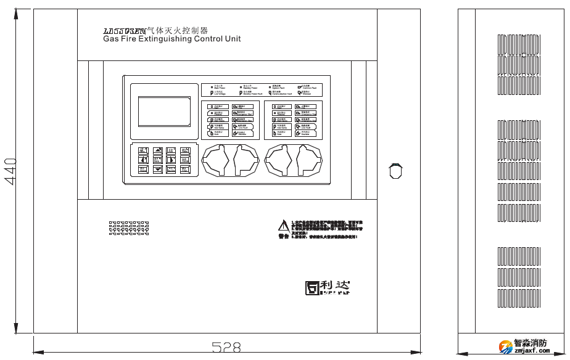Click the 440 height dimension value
click(x=10, y=172)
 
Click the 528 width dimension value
click(x=226, y=348)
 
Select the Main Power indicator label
click(x=218, y=88)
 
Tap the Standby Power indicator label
click(x=250, y=88)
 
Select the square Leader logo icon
click(x=313, y=288)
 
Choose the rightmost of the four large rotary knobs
click(x=309, y=162)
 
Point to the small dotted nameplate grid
click(x=129, y=229)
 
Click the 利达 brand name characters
click(x=336, y=286)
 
